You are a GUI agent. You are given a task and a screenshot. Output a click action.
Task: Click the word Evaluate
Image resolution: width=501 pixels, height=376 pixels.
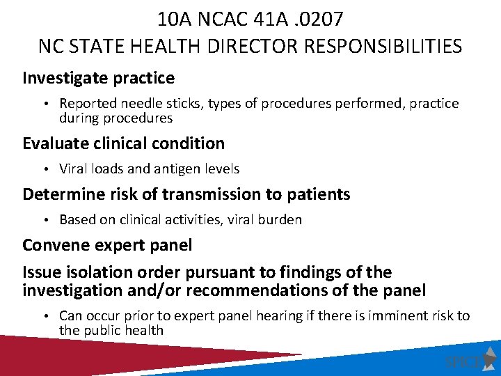[53, 143]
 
